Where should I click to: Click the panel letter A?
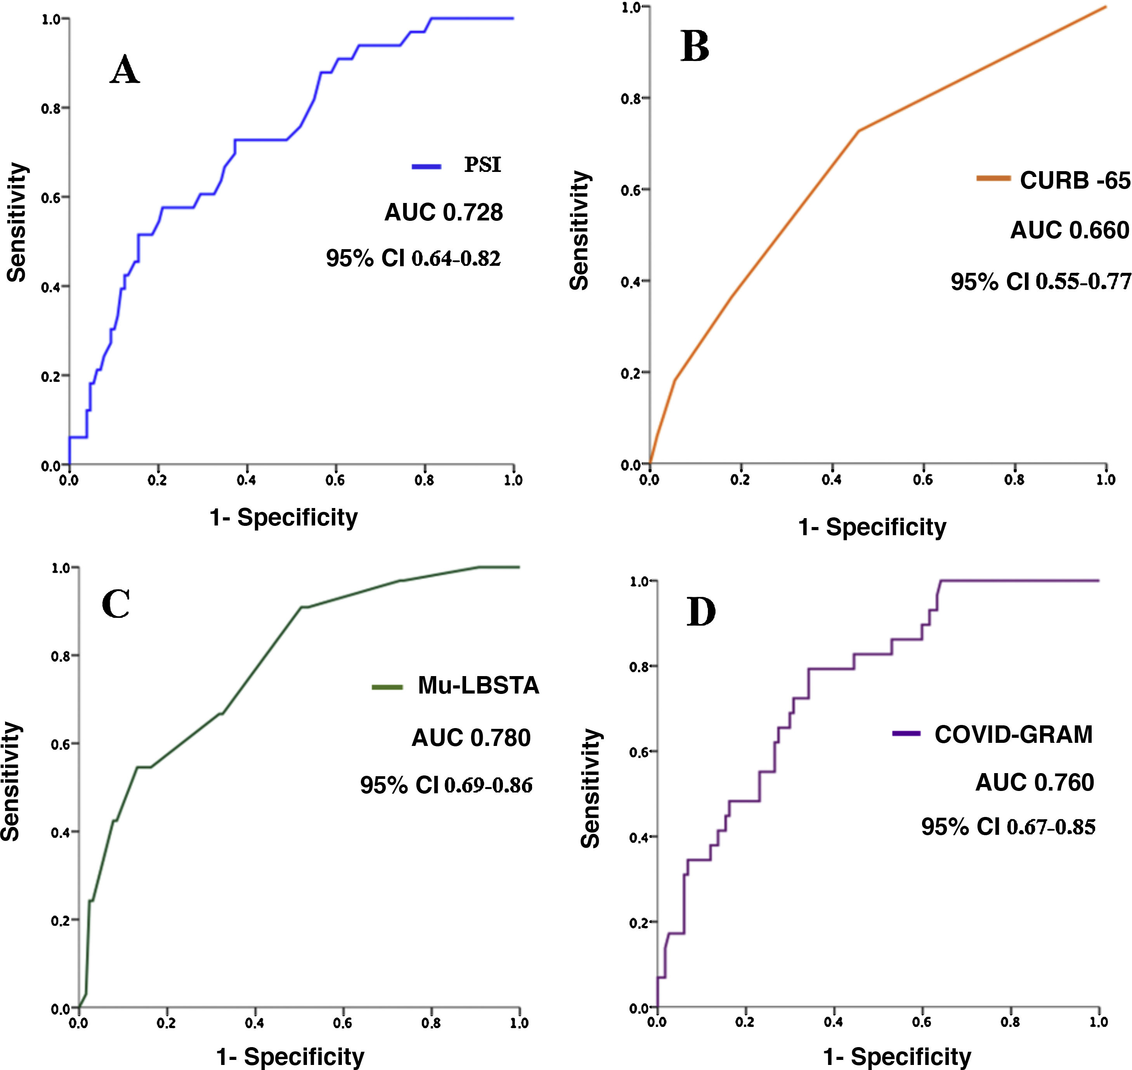pos(125,71)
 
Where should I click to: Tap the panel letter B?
pos(695,47)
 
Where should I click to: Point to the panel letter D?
pos(701,612)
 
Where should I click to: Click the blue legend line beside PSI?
pos(426,166)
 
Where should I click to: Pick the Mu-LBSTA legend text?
pos(478,685)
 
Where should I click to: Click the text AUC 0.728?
pos(444,213)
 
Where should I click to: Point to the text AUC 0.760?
pos(1035,782)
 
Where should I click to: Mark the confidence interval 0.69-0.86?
pos(489,786)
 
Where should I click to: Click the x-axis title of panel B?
pos(872,527)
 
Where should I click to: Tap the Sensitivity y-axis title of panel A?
pos(17,222)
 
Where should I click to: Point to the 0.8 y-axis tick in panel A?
pos(51,108)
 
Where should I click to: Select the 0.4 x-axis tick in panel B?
pos(832,480)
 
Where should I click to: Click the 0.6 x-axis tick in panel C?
pos(343,1023)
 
